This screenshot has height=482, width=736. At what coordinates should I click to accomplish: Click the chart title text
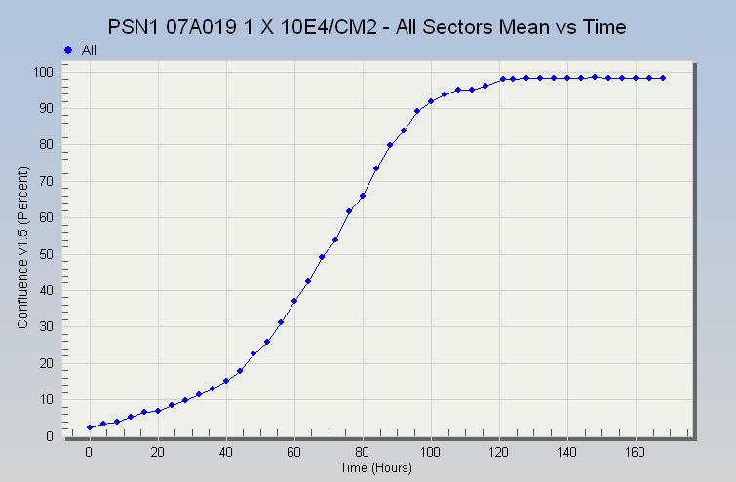pos(368,26)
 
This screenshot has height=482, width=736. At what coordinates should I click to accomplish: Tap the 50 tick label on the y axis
pos(45,254)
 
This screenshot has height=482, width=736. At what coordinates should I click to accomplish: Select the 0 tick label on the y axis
pos(49,436)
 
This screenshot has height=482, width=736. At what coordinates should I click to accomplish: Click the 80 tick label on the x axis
pos(363,453)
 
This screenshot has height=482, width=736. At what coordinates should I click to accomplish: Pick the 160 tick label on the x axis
pos(636,453)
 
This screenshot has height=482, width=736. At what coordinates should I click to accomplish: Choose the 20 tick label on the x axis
pos(158,453)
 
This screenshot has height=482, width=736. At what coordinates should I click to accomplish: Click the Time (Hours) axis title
pos(375,468)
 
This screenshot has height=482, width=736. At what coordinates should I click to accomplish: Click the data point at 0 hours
pos(90,427)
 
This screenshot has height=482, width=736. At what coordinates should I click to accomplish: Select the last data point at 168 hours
pos(663,78)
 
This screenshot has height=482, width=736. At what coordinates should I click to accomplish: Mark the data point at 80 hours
pos(363,196)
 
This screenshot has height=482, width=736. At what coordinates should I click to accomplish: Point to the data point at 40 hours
pos(226,381)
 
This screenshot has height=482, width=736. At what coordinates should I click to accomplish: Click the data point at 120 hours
pos(503,79)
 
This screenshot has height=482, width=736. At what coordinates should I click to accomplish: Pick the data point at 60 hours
pos(294,301)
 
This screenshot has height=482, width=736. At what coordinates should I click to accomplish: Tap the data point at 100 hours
pos(431,101)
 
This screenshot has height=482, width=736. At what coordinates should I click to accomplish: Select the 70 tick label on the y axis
pos(45,181)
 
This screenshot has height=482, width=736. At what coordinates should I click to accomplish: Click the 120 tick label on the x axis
pos(499,453)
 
